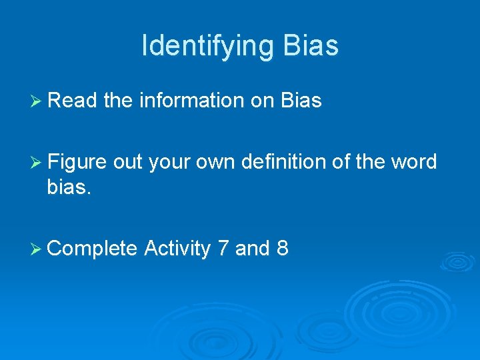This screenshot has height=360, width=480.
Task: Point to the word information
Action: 192,101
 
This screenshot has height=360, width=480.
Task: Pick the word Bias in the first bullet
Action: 301,101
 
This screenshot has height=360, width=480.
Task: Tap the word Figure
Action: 77,162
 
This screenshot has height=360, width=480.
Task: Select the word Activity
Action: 177,249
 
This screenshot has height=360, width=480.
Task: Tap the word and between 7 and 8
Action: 252,249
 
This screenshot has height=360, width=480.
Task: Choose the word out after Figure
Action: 128,162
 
